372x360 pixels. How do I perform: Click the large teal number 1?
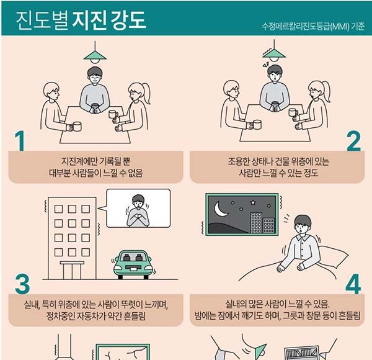[x=20, y=141]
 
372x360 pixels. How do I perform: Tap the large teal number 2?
[x=353, y=141]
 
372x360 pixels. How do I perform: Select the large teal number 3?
[x=22, y=284]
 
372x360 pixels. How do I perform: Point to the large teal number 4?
[x=353, y=284]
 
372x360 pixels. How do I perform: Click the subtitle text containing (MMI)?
[x=313, y=26]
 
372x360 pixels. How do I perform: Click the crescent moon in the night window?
[x=219, y=209]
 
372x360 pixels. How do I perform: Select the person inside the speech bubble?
[x=138, y=211]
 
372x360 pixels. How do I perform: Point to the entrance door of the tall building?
[x=72, y=271]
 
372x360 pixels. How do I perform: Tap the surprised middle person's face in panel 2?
[x=275, y=75]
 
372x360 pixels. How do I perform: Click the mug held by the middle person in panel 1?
[x=95, y=108]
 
